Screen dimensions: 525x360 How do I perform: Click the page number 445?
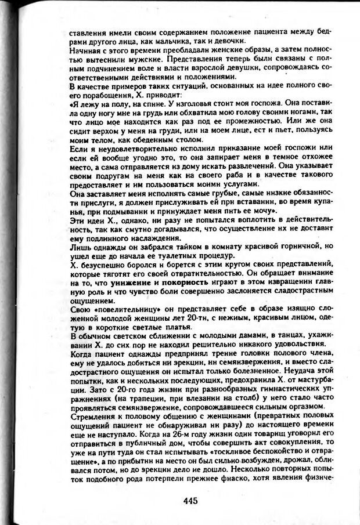(189, 501)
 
